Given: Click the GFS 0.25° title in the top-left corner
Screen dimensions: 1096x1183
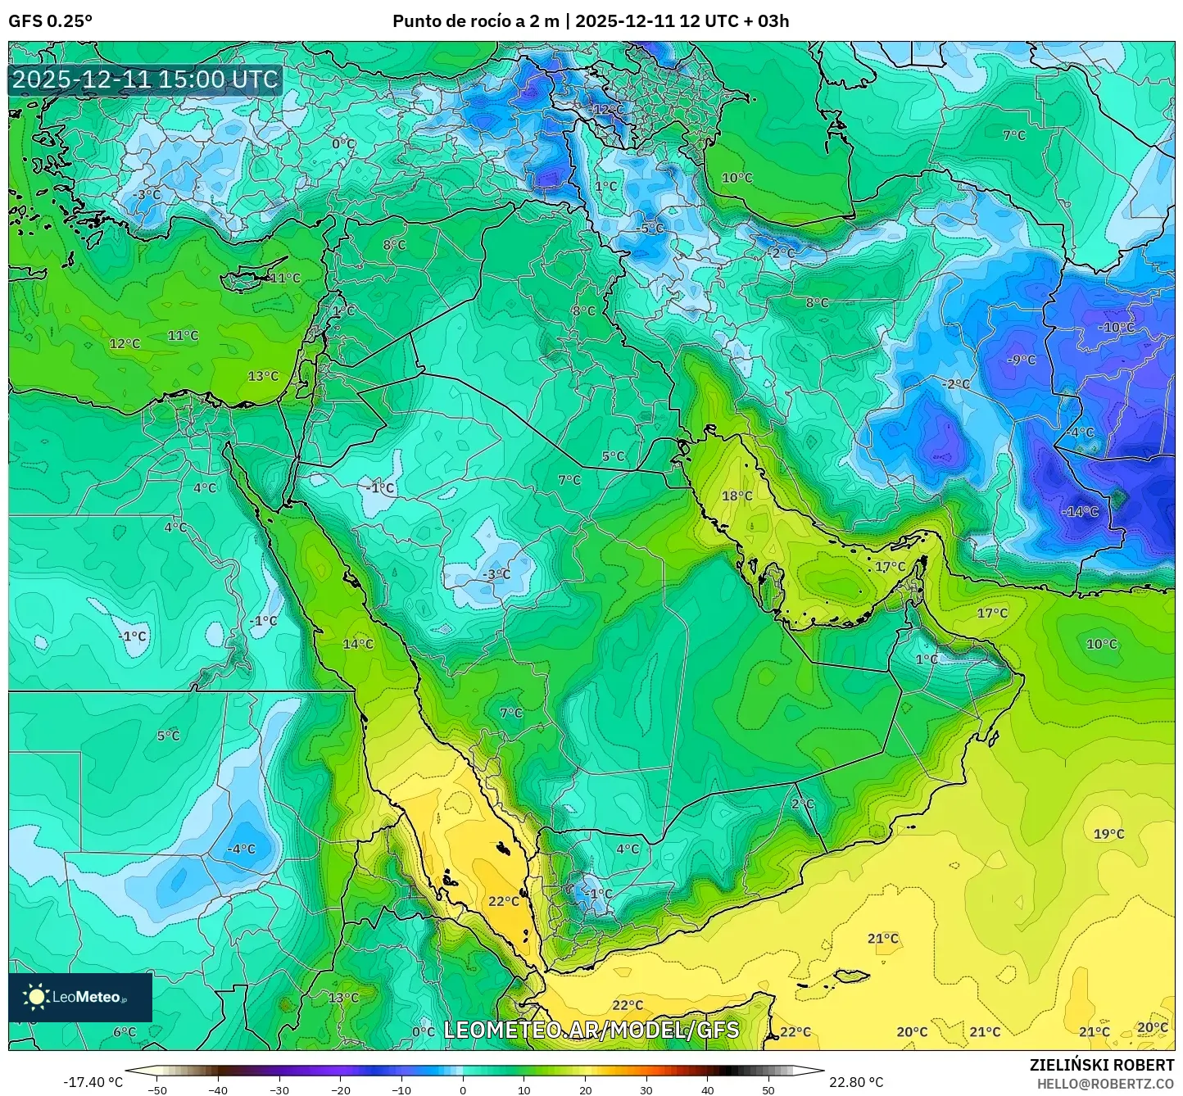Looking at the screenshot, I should (50, 21).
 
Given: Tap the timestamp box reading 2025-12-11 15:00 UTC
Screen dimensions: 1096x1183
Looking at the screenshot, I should (145, 80).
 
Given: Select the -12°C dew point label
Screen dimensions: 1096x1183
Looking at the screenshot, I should (607, 109).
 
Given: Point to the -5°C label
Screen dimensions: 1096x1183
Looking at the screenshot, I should (651, 228).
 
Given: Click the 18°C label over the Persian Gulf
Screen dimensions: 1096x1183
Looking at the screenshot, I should (737, 496).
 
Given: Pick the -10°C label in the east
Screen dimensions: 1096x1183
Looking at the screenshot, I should (1117, 327).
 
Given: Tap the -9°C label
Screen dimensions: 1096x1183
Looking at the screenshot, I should (1022, 360).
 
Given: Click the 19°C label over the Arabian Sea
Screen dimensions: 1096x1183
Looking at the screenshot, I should (1108, 834).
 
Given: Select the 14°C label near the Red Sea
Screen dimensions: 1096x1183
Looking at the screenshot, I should (358, 644).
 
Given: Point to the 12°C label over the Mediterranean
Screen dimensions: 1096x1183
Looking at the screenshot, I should (125, 343).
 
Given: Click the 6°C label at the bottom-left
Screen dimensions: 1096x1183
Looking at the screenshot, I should (125, 1031).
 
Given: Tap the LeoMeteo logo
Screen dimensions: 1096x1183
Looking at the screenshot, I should (79, 997).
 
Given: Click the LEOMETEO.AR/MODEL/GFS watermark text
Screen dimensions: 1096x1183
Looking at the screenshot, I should (591, 1030).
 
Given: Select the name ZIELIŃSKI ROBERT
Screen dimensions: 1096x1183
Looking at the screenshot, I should (1102, 1065).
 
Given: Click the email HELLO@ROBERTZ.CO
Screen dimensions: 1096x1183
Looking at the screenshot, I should (1105, 1083).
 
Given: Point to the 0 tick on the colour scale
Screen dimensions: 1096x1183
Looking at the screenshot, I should (463, 1089).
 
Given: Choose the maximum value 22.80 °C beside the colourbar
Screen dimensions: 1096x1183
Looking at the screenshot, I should (856, 1082).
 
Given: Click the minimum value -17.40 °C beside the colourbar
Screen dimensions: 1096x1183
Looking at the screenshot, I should (93, 1082).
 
